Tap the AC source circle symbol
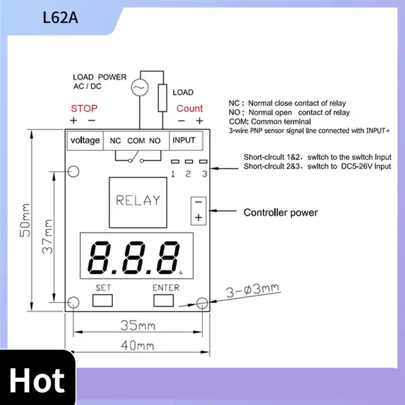[x=138, y=88]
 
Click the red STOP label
[x=84, y=108]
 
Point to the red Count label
[x=190, y=108]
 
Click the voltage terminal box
[x=85, y=140]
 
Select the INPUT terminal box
[x=184, y=140]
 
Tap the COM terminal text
[x=136, y=141]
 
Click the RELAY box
[x=138, y=200]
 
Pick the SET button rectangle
[x=103, y=300]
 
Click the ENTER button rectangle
[x=166, y=300]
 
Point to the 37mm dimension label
[x=47, y=235]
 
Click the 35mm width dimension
[x=137, y=326]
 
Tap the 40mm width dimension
[x=137, y=346]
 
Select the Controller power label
[x=280, y=212]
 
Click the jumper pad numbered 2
[x=188, y=162]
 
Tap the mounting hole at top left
[x=74, y=172]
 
